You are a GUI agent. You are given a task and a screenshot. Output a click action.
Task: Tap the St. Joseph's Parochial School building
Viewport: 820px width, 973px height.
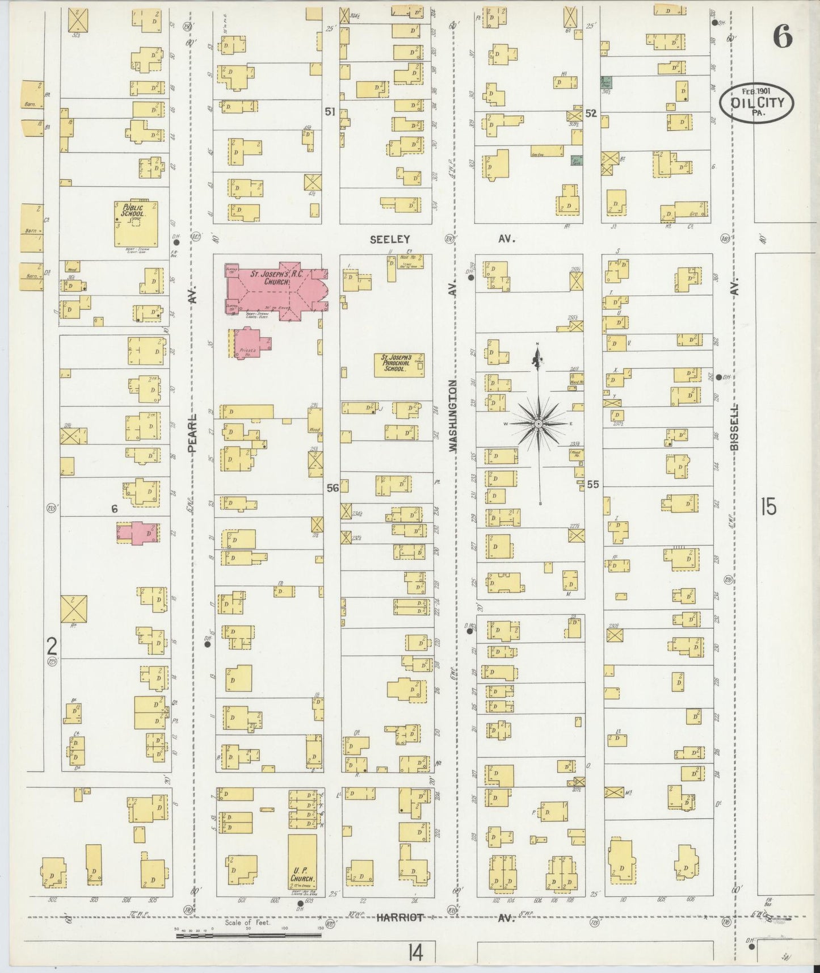pyautogui.click(x=399, y=365)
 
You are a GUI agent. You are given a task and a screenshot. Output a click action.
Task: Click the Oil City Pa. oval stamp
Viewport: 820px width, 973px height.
pyautogui.click(x=756, y=103)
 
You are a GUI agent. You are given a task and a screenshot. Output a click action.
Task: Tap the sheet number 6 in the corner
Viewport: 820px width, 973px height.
pyautogui.click(x=781, y=38)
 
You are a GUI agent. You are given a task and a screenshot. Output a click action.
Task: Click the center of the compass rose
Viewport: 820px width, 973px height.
pyautogui.click(x=537, y=424)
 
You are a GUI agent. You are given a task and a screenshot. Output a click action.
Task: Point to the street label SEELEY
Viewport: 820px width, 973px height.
pyautogui.click(x=389, y=240)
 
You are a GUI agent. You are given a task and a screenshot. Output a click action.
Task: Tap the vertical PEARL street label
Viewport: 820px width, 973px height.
pyautogui.click(x=192, y=433)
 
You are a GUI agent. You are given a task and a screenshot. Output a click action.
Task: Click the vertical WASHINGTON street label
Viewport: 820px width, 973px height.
pyautogui.click(x=453, y=416)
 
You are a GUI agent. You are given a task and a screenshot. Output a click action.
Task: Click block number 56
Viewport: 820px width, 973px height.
pyautogui.click(x=333, y=488)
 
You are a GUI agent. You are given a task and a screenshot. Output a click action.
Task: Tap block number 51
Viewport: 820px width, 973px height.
pyautogui.click(x=330, y=112)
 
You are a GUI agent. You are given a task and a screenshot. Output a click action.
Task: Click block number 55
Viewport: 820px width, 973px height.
pyautogui.click(x=593, y=484)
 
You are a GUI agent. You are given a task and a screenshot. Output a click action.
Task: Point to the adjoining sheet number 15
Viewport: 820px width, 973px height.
pyautogui.click(x=768, y=506)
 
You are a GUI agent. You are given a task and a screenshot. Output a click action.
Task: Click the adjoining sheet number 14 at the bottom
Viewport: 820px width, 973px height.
pyautogui.click(x=415, y=952)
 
